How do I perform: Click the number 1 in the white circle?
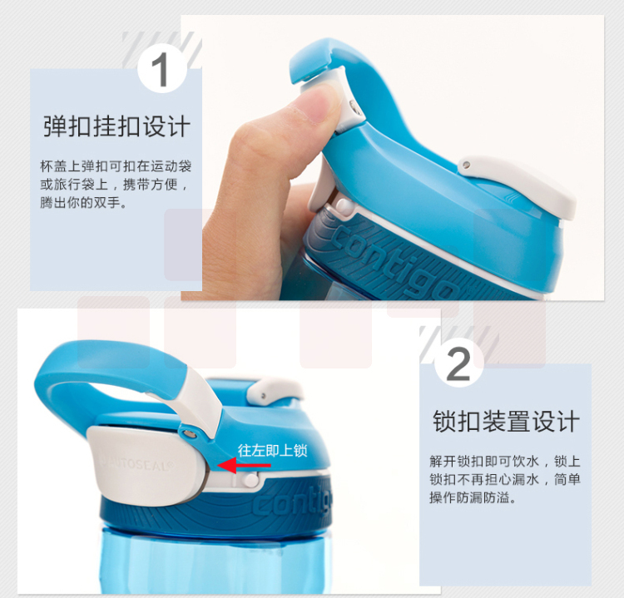tap(161, 70)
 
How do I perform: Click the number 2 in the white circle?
tap(458, 364)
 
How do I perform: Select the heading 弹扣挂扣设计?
tap(116, 126)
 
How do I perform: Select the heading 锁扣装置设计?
tap(506, 422)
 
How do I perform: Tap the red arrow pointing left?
tap(244, 465)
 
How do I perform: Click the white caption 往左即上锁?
tap(273, 451)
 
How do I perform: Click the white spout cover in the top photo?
tap(518, 184)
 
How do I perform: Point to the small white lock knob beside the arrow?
tap(251, 479)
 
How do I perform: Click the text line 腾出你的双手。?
tap(84, 202)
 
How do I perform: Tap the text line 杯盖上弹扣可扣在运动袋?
tap(116, 166)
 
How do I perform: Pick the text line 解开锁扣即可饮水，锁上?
tap(505, 461)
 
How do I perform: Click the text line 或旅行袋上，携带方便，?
tap(114, 184)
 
